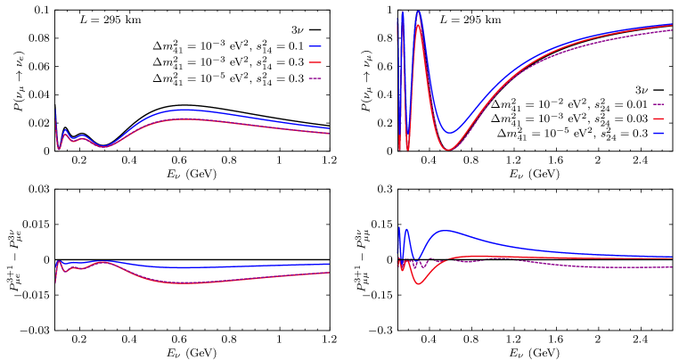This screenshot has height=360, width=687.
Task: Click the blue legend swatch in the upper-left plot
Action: (315, 46)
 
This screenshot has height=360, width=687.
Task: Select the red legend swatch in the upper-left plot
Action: (315, 62)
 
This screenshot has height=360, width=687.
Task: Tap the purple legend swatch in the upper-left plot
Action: (315, 78)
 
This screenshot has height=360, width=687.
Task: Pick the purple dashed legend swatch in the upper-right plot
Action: (658, 104)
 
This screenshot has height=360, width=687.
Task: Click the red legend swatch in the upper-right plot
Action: (658, 119)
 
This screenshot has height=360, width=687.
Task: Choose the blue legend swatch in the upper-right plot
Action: (658, 133)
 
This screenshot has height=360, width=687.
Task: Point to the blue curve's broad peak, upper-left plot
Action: (185, 110)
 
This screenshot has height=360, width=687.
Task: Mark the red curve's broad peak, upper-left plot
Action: (185, 119)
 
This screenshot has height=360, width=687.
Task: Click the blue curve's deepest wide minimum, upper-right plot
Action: (452, 134)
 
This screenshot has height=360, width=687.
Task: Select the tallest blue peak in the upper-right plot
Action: (418, 12)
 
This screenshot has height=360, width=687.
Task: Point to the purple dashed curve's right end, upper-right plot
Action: (672, 30)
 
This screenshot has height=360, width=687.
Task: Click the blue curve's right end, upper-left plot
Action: (329, 128)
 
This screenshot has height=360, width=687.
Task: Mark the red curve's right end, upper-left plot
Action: (329, 134)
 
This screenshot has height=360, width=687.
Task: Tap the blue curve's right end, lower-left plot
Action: (329, 264)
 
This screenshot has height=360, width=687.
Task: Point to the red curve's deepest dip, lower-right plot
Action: (420, 283)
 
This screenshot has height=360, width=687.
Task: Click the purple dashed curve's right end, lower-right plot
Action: (672, 267)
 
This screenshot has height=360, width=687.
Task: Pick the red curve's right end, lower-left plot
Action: (329, 272)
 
